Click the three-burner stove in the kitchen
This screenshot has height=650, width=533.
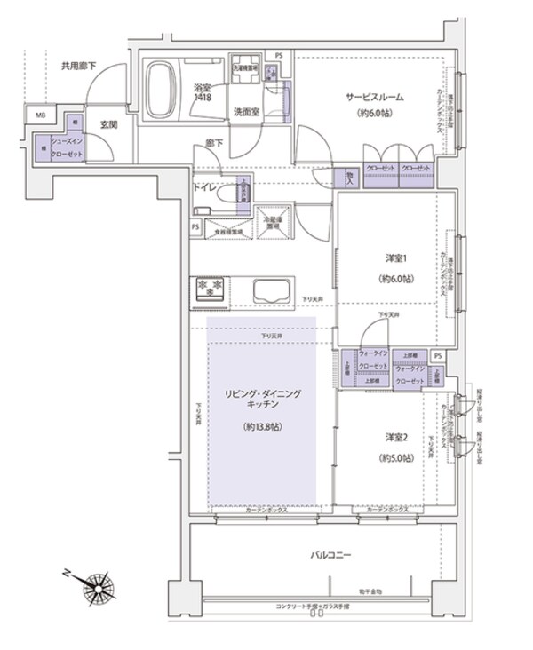click(x=211, y=287)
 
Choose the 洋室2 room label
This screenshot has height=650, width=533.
click(x=395, y=438)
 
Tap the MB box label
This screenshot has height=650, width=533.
click(x=40, y=115)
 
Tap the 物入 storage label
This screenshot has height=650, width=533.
click(x=350, y=176)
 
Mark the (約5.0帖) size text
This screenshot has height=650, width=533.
click(x=395, y=458)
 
